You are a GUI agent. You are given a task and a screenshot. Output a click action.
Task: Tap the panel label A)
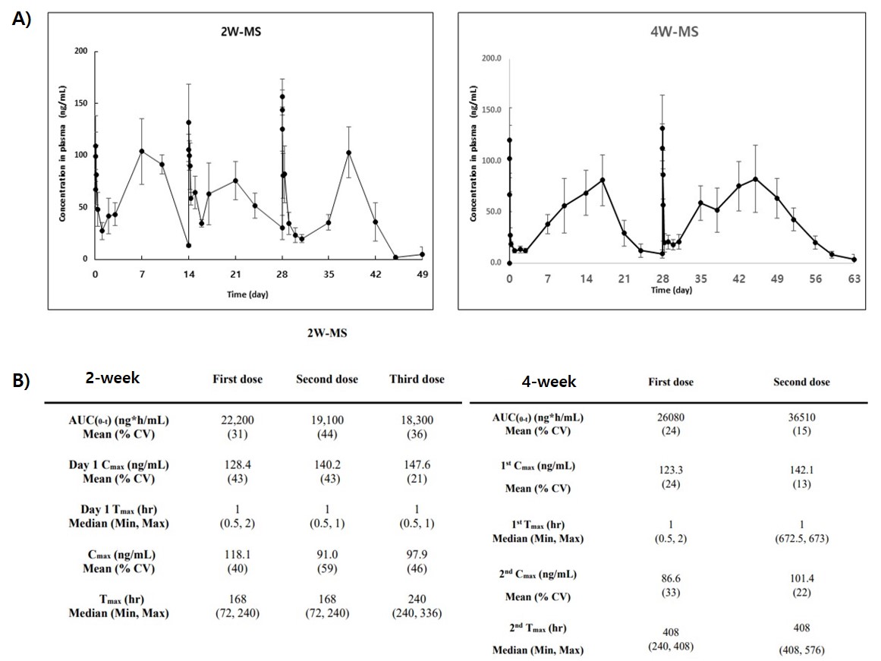pos(21,20)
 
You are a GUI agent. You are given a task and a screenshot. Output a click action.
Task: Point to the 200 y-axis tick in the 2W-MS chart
pos(80,52)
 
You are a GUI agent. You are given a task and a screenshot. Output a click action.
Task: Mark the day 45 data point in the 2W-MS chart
pos(395,257)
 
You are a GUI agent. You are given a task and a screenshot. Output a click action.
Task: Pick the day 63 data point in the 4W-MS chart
pos(854,260)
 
